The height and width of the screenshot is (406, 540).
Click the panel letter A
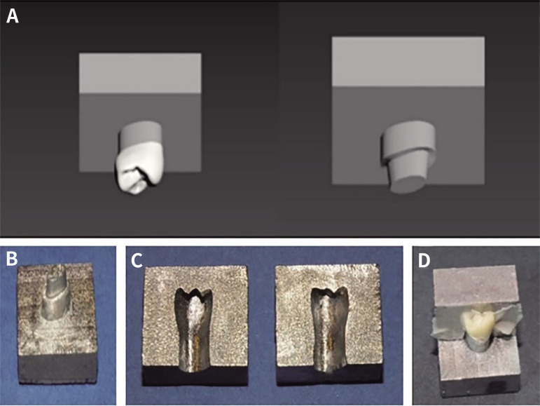click(13, 16)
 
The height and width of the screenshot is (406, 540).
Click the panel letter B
click(12, 259)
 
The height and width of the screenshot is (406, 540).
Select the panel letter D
click(424, 261)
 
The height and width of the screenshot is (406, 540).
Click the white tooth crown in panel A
click(139, 168)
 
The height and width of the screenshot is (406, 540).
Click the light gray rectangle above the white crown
click(140, 73)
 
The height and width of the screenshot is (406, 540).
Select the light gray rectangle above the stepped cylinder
click(408, 61)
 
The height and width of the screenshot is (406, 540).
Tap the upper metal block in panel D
click(476, 287)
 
